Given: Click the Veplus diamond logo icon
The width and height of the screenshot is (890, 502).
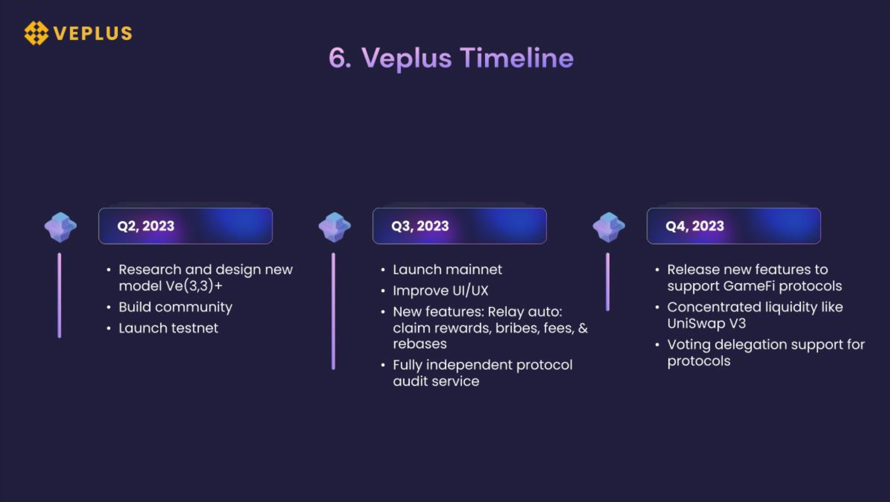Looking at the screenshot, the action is pyautogui.click(x=36, y=33).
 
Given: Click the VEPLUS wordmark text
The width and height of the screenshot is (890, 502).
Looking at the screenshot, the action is pyautogui.click(x=93, y=33).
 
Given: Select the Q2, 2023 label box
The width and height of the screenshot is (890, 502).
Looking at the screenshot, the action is pyautogui.click(x=186, y=226).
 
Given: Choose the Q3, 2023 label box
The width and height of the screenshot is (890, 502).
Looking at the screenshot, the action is pyautogui.click(x=459, y=226).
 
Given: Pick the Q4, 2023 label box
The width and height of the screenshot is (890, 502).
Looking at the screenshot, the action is pyautogui.click(x=734, y=226).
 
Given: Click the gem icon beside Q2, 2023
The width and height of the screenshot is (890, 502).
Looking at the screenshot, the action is pyautogui.click(x=60, y=227).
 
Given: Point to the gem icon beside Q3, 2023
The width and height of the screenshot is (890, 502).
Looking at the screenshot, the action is pyautogui.click(x=335, y=227).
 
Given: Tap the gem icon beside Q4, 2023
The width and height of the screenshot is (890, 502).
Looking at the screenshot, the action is pyautogui.click(x=609, y=227).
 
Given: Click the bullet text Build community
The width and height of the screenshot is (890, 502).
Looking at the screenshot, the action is pyautogui.click(x=175, y=307).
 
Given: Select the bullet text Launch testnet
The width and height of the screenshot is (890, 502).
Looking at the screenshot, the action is pyautogui.click(x=168, y=328).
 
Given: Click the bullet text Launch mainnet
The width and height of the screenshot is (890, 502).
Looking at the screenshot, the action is pyautogui.click(x=447, y=270).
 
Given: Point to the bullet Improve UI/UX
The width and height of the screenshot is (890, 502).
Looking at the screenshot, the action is pyautogui.click(x=440, y=290).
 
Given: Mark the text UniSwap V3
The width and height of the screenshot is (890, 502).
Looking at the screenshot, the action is pyautogui.click(x=706, y=324).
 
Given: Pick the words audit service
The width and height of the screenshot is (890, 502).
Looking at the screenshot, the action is pyautogui.click(x=436, y=381).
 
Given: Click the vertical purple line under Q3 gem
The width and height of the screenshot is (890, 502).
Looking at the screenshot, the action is pyautogui.click(x=333, y=311).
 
